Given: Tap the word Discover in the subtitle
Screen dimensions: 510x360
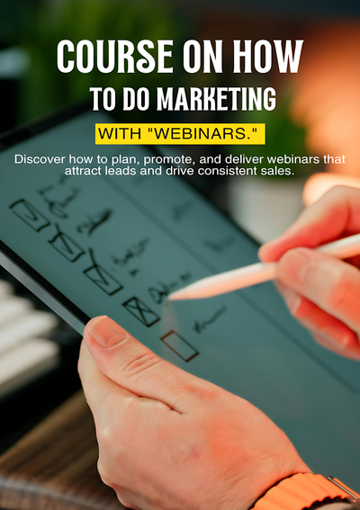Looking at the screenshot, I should tap(42, 159).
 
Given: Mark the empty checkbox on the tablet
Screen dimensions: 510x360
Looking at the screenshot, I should tap(179, 345).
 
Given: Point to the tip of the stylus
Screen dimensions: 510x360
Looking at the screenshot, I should tap(171, 297).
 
